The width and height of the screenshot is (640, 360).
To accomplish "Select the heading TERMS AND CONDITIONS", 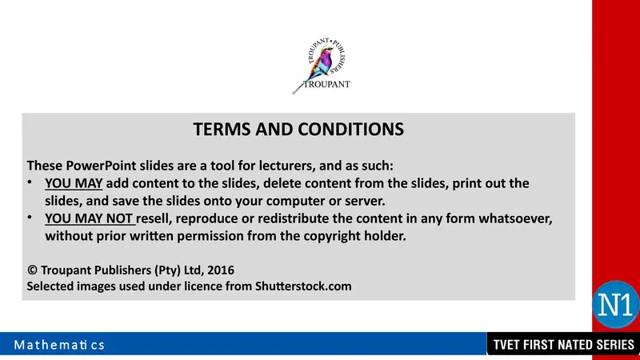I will tap(298, 129).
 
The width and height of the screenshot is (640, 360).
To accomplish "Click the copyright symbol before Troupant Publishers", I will tap(31, 269).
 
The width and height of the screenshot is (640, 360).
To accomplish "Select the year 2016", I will tap(218, 269).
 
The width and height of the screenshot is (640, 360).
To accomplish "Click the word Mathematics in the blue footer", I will tap(58, 346).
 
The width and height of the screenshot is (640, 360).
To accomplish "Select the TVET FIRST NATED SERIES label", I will tap(563, 346).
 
